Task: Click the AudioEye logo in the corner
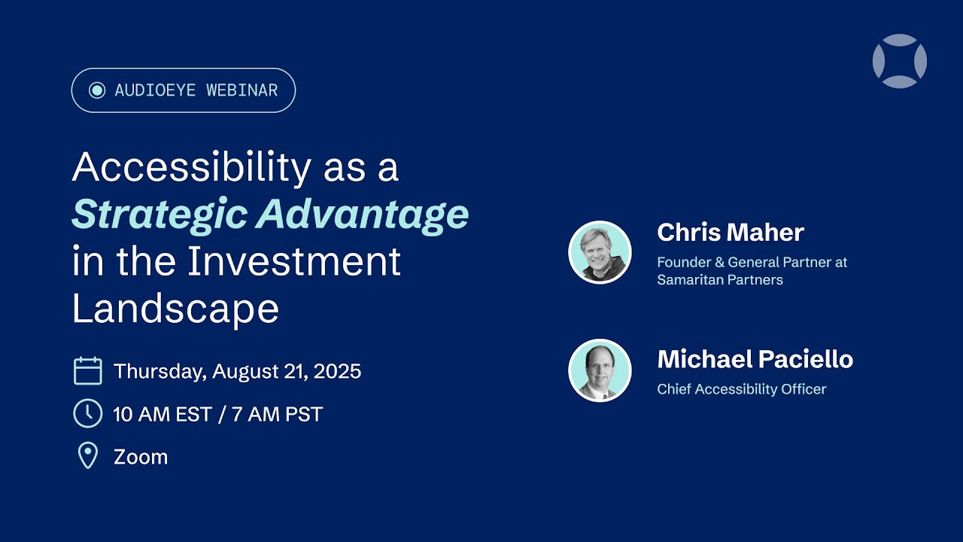point(899,61)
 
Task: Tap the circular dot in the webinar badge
point(97,90)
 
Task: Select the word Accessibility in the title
point(191,167)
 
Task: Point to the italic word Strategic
point(158,215)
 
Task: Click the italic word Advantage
point(363,215)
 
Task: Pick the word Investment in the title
point(294,261)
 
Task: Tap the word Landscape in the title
point(175,309)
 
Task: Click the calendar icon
point(88,371)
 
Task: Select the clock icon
point(88,413)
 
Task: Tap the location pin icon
point(88,456)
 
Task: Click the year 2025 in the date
point(337,371)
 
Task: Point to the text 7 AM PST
point(277,414)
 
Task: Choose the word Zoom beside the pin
point(141,457)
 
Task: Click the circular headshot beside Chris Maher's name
point(600,252)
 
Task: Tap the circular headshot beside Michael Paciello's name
point(600,370)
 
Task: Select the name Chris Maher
point(730,232)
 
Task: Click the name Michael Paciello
point(755,359)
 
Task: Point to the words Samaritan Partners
point(720,280)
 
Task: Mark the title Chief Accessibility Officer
point(741,389)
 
